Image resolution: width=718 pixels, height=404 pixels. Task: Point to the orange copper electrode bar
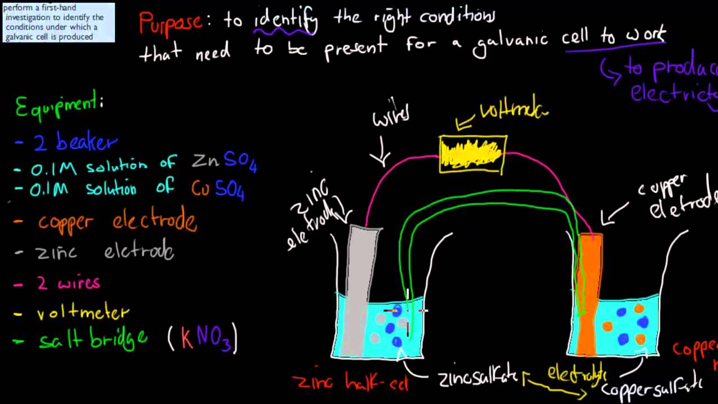coord(589,292)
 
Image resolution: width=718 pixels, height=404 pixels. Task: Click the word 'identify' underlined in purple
coord(286,21)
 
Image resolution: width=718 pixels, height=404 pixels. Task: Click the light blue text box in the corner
coord(58,22)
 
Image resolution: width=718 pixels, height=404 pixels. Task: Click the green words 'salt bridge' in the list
coord(93,339)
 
